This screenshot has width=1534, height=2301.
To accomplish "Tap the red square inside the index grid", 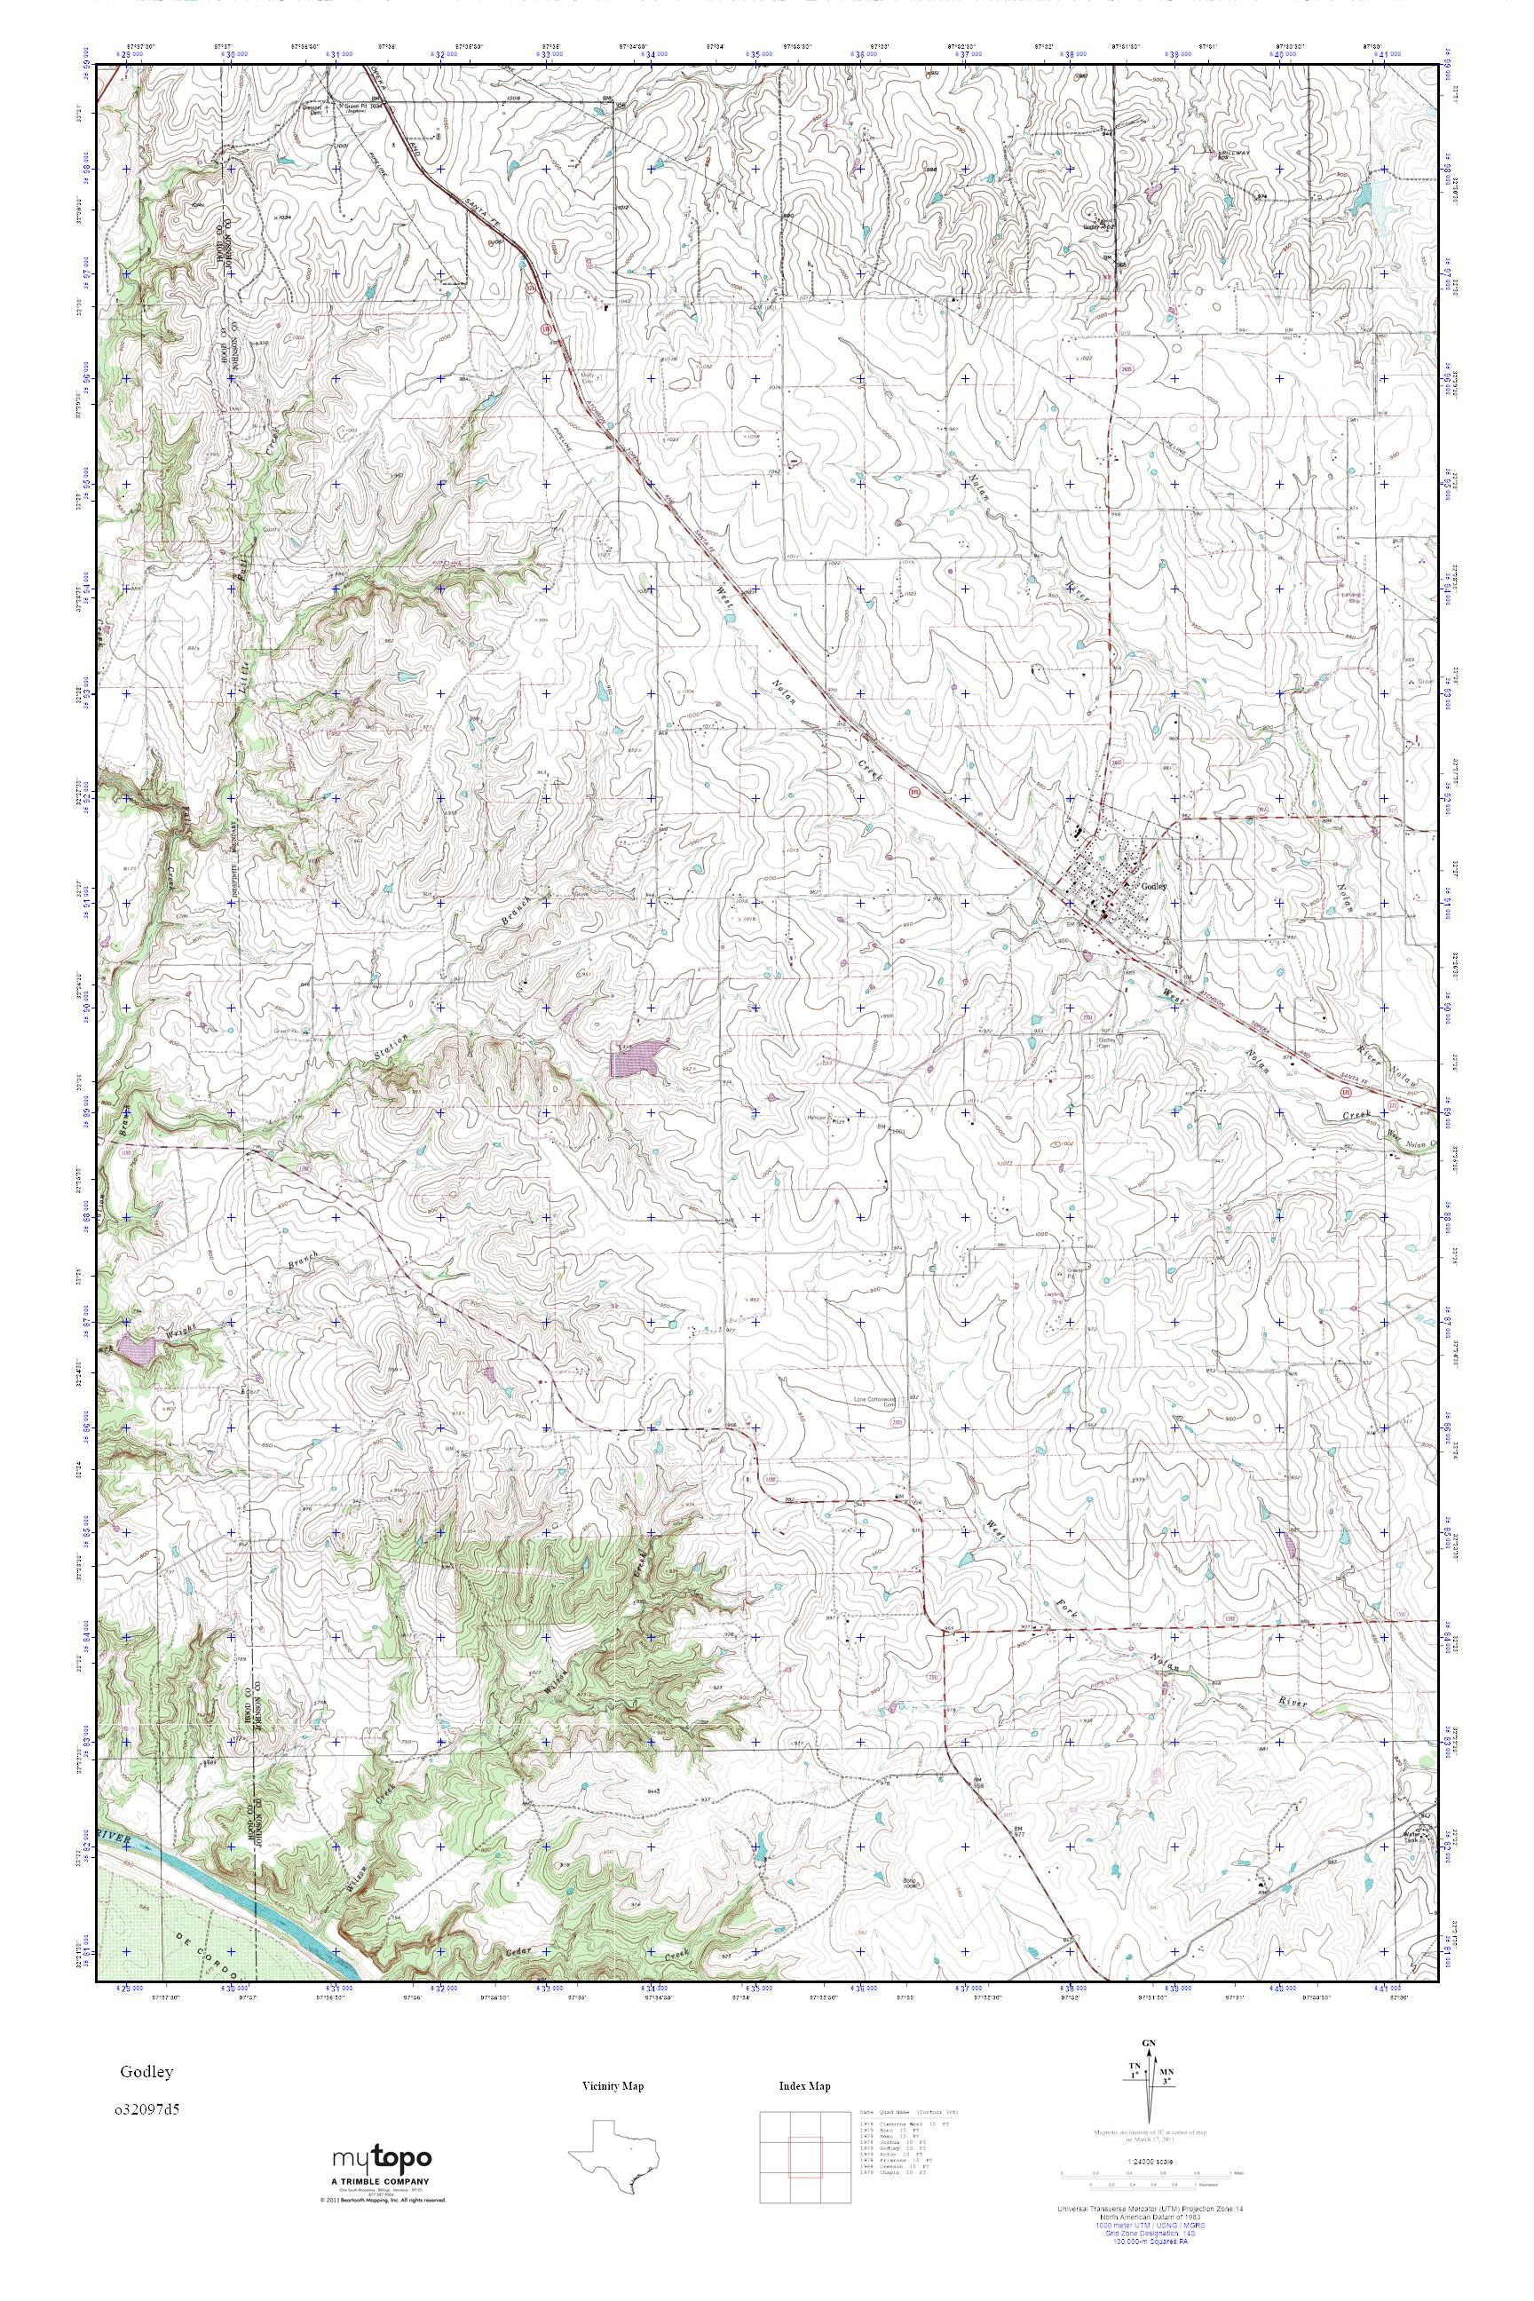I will (804, 2147).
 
